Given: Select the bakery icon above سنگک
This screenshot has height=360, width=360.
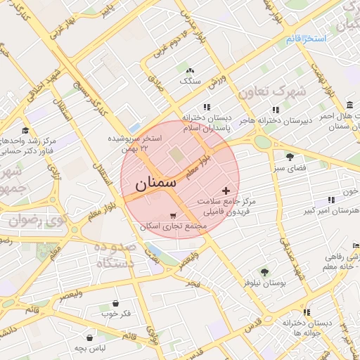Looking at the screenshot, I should point(189,71).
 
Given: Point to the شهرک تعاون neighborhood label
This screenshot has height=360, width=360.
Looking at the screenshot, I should point(272,91).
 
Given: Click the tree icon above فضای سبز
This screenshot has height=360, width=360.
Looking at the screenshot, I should point(290,157).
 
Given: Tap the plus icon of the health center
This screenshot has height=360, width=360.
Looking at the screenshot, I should point(225,191).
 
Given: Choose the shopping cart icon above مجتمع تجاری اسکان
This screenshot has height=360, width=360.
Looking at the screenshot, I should point(173,216).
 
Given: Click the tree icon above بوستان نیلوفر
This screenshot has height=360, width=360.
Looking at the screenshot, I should point(264,271).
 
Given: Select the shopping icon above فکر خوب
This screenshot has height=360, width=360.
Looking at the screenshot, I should point(115,303).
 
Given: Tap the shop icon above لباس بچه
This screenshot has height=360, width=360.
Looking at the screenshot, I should point(90,337).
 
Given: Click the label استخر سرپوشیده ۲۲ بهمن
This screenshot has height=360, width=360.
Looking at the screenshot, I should point(135,143).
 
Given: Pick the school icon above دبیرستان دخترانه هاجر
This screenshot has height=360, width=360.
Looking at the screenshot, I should point(276,110).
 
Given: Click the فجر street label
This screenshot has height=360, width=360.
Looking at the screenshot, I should point(193,283).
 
